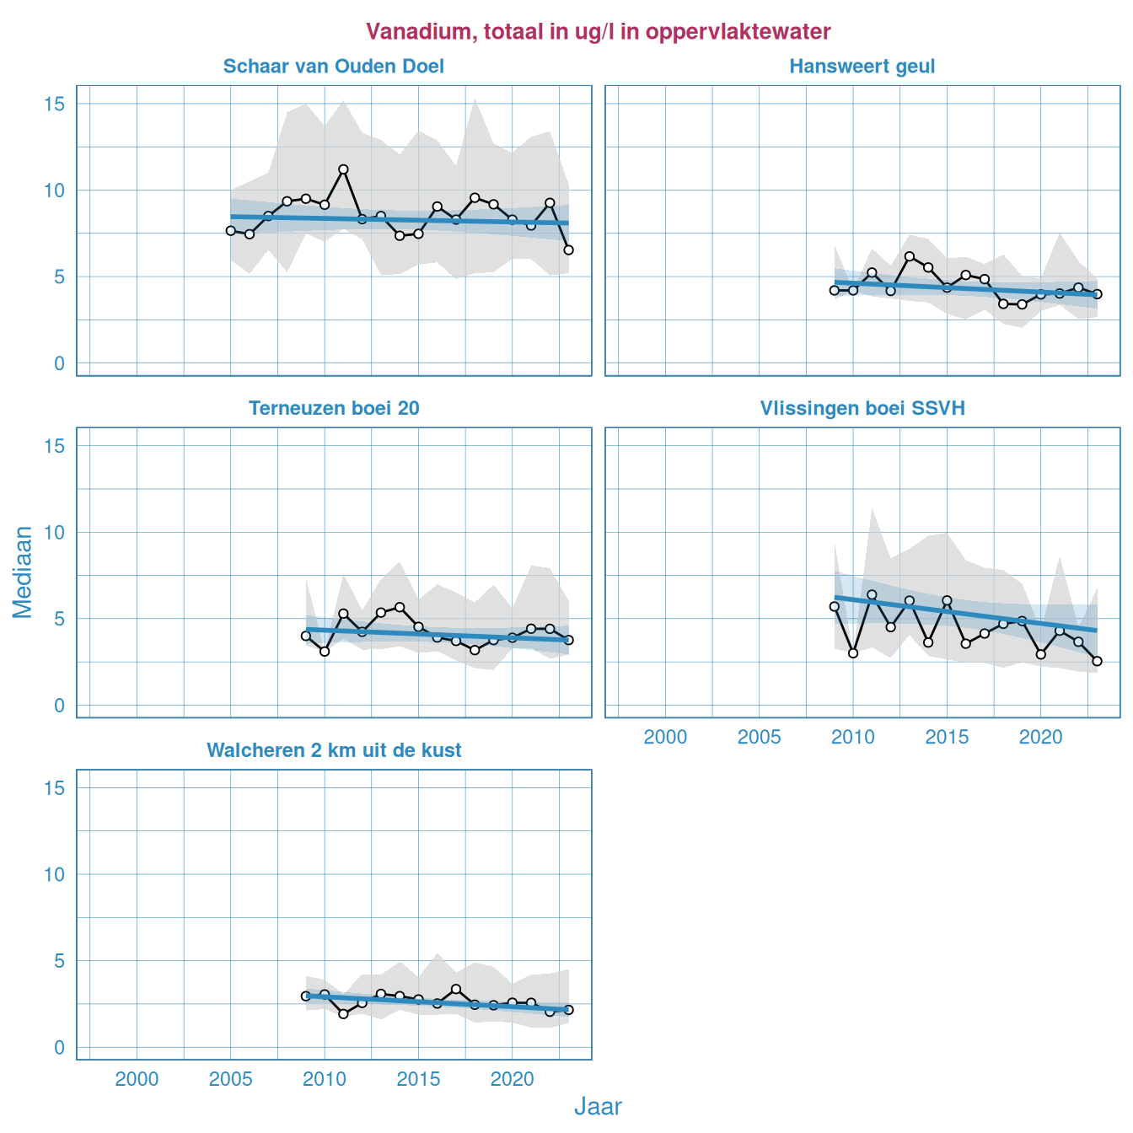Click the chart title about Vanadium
(598, 32)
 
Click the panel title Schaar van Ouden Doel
(333, 67)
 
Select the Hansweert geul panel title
(862, 67)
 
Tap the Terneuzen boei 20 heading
(334, 409)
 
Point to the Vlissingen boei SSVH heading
(862, 409)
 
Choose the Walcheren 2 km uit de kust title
(334, 751)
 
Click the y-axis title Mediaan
(23, 572)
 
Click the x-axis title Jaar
(598, 1107)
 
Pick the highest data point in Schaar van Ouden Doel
(343, 169)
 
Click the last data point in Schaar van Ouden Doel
(568, 250)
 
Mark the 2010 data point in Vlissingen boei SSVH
(853, 653)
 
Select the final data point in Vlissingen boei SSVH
(1097, 661)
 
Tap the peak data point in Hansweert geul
(910, 256)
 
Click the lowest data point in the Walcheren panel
(343, 1014)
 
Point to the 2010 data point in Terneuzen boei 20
(325, 652)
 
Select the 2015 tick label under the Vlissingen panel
(947, 738)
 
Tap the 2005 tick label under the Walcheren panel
(230, 1080)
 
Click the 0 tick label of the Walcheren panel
(60, 1047)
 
